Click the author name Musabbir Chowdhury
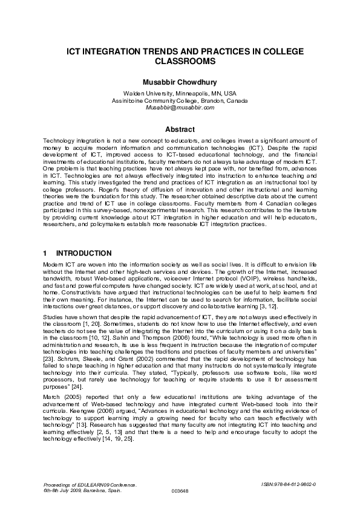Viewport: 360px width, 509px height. click(x=180, y=82)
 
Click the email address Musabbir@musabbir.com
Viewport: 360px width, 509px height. click(x=180, y=108)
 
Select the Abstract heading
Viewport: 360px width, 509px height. click(x=180, y=129)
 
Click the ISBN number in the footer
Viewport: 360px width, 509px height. click(x=289, y=485)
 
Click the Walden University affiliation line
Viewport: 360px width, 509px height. click(x=180, y=94)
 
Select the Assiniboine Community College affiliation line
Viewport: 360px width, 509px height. click(x=180, y=100)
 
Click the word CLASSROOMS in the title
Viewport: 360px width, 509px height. click(x=180, y=62)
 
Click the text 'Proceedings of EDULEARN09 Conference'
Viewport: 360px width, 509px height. click(x=90, y=485)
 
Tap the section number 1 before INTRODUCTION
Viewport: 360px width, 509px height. click(x=45, y=253)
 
